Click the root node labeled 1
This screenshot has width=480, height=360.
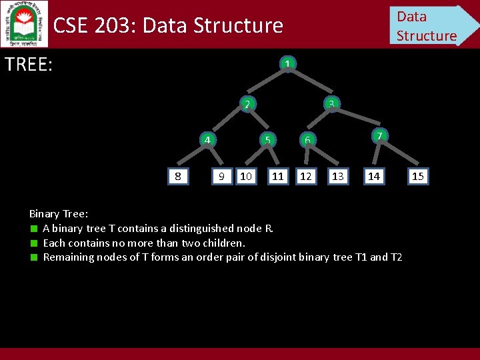286,65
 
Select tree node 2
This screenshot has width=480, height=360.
247,104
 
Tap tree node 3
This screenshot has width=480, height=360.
331,103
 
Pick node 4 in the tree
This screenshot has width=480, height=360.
208,140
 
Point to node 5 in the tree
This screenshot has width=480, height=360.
267,139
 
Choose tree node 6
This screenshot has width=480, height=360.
307,139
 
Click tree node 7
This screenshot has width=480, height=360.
378,136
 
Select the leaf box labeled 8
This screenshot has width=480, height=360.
177,176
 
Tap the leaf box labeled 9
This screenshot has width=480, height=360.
221,176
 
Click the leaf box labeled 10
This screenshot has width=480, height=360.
245,176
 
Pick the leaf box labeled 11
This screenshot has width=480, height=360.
278,176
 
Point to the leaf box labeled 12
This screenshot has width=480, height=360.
306,176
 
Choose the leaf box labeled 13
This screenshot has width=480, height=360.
338,176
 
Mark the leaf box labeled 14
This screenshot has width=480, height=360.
374,176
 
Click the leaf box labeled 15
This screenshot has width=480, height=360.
418,176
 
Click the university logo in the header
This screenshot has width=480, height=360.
25,23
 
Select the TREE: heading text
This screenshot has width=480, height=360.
29,65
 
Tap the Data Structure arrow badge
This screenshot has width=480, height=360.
430,25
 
